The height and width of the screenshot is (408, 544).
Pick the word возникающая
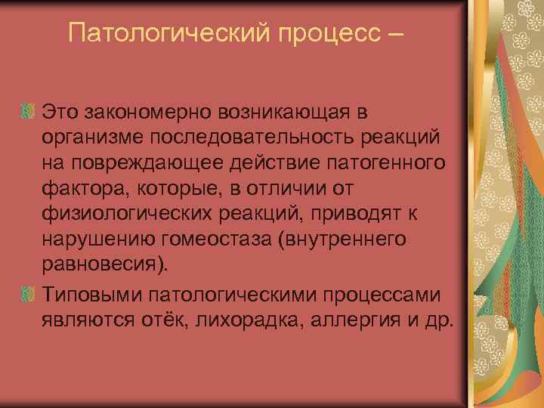click(x=295, y=114)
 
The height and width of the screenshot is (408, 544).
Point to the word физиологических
click(x=120, y=214)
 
